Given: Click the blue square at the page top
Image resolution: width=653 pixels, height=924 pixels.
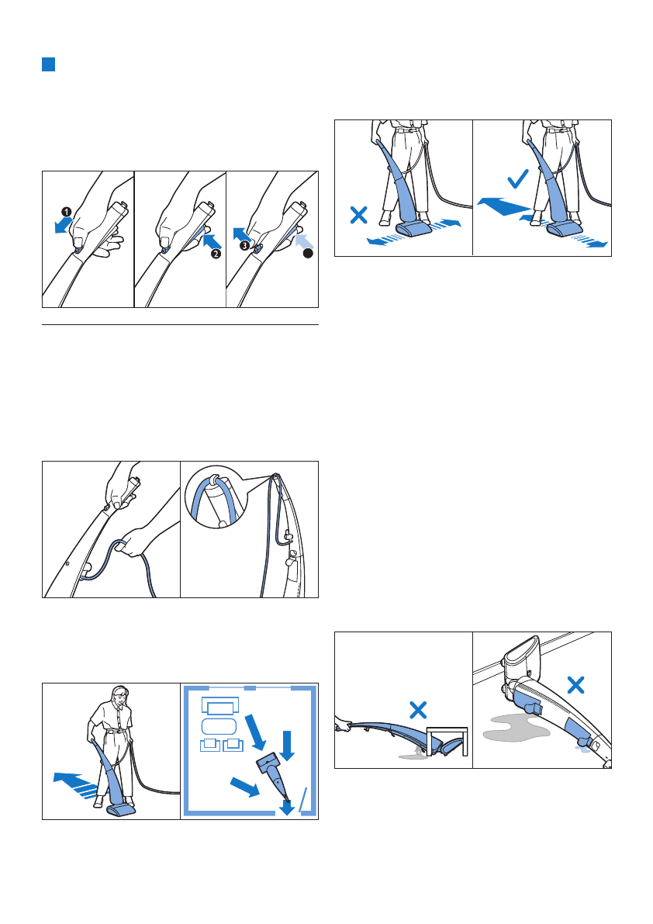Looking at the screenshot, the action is pos(48,64).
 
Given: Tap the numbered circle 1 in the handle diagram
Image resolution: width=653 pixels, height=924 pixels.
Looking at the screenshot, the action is pos(67,211).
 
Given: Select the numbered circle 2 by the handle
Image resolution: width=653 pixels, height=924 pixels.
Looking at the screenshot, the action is pos(216,254).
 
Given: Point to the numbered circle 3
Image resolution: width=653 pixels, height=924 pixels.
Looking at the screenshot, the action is pos(244,246).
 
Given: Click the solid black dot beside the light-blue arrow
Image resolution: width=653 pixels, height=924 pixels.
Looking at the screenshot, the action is pos(307,254).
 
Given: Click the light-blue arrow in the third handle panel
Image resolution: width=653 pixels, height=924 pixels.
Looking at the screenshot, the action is pos(304,241).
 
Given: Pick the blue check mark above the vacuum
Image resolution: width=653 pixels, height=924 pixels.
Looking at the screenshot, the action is pos(517,178).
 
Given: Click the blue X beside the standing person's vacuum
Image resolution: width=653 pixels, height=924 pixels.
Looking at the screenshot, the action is pos(358,214).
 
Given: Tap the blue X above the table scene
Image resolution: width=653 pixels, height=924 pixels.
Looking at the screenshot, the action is pos(418,710).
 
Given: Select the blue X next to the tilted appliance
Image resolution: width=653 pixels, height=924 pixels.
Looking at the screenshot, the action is pos(575,685).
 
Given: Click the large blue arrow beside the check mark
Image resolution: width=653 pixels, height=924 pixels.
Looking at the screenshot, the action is pos(504,206).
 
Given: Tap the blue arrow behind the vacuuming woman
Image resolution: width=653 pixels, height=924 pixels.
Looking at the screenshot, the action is pos(75,784).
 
